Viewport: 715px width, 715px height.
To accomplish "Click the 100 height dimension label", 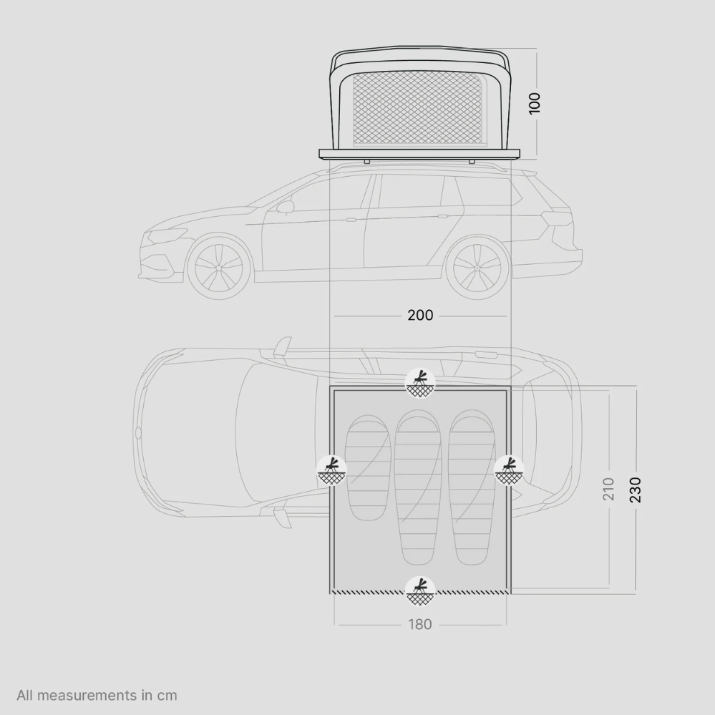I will point(534,102).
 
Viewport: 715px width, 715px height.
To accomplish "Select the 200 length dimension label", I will point(420,315).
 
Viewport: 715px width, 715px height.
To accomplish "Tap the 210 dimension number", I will point(608,489).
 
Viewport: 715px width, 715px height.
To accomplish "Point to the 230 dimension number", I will point(635,489).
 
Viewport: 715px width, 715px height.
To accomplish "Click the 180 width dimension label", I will point(420,624).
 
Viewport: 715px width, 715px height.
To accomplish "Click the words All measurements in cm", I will point(97,695).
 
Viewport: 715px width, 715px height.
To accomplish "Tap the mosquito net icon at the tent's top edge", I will point(420,382).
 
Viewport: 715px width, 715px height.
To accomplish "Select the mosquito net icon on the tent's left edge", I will point(331,470).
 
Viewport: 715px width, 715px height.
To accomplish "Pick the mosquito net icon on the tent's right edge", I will point(509,470).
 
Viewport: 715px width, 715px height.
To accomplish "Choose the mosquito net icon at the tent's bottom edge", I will point(420,591).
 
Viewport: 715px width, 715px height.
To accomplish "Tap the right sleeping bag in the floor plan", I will point(472,487).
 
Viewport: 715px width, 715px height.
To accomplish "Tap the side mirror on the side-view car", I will point(285,207).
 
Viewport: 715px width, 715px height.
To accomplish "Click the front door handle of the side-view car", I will point(351,219).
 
